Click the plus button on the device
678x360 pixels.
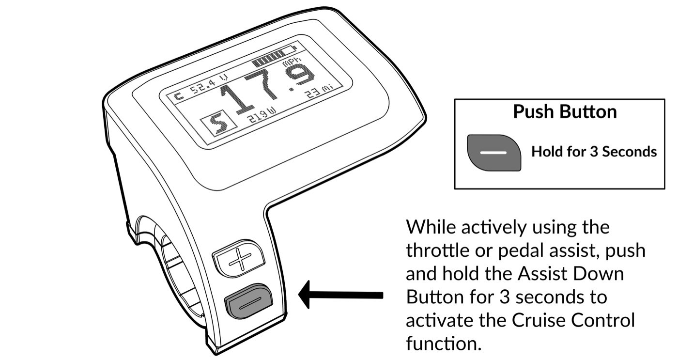[238, 258]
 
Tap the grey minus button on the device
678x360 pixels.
[249, 301]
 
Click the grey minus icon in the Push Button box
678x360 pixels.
[494, 153]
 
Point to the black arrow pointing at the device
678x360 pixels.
[340, 295]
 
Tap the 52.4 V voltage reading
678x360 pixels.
[208, 83]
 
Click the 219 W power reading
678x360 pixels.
[262, 115]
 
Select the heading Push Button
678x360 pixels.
[565, 112]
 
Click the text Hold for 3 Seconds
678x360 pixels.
[594, 152]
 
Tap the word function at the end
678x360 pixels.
[444, 344]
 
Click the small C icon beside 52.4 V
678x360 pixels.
[179, 96]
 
